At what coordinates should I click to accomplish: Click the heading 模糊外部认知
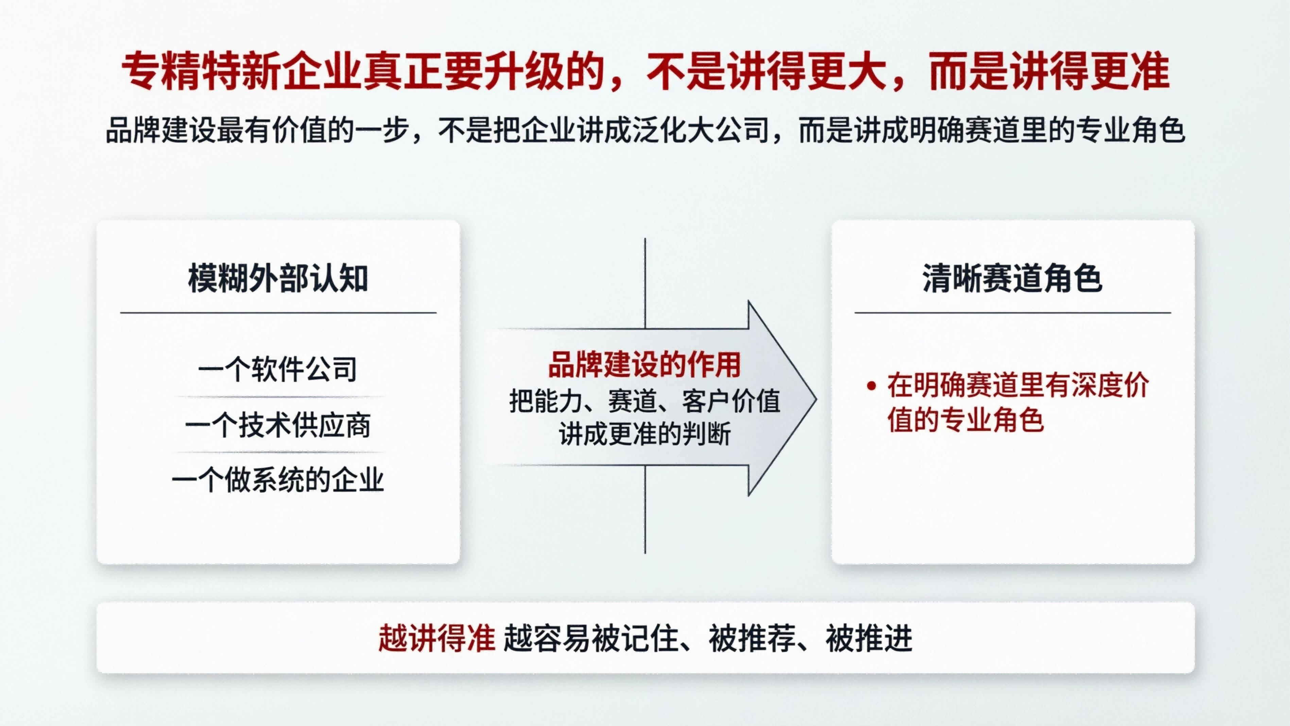[x=278, y=278]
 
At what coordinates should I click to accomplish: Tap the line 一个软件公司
[x=278, y=369]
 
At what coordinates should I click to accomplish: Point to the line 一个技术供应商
[x=278, y=425]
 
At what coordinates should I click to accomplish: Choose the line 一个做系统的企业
[x=278, y=480]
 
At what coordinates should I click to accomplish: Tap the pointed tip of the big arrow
[x=814, y=399]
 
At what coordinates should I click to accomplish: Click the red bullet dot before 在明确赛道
[x=872, y=386]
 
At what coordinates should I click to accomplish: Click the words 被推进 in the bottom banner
[x=869, y=638]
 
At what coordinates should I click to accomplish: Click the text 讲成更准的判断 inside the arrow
[x=644, y=434]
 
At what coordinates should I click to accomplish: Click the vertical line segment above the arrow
[x=645, y=281]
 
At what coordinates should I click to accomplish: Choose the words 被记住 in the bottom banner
[x=635, y=638]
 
